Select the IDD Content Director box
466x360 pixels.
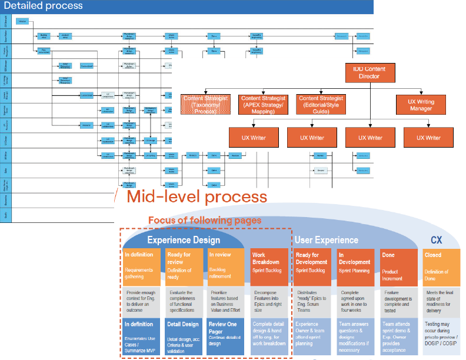click(370, 72)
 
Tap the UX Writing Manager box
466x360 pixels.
click(421, 105)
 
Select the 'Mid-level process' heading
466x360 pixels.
click(197, 196)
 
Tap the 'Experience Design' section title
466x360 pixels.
click(184, 240)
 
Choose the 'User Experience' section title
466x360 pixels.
click(326, 240)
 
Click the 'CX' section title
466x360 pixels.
click(436, 240)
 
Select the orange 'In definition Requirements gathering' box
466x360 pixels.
click(142, 266)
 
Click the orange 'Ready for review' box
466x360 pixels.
click(184, 266)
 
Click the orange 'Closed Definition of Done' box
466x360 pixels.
click(441, 266)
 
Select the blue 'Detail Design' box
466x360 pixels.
click(184, 336)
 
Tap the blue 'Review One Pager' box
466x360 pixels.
click(225, 336)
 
